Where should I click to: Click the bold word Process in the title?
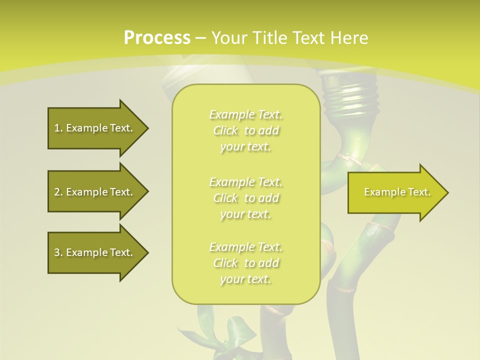[157, 38]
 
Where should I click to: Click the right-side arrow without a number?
[395, 192]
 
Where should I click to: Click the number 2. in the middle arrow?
[58, 192]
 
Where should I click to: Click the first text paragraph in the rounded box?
[245, 130]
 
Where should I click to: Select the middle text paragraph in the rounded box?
[245, 197]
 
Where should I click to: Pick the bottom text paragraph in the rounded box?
[245, 263]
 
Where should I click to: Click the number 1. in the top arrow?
[58, 128]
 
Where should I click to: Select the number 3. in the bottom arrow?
[58, 252]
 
